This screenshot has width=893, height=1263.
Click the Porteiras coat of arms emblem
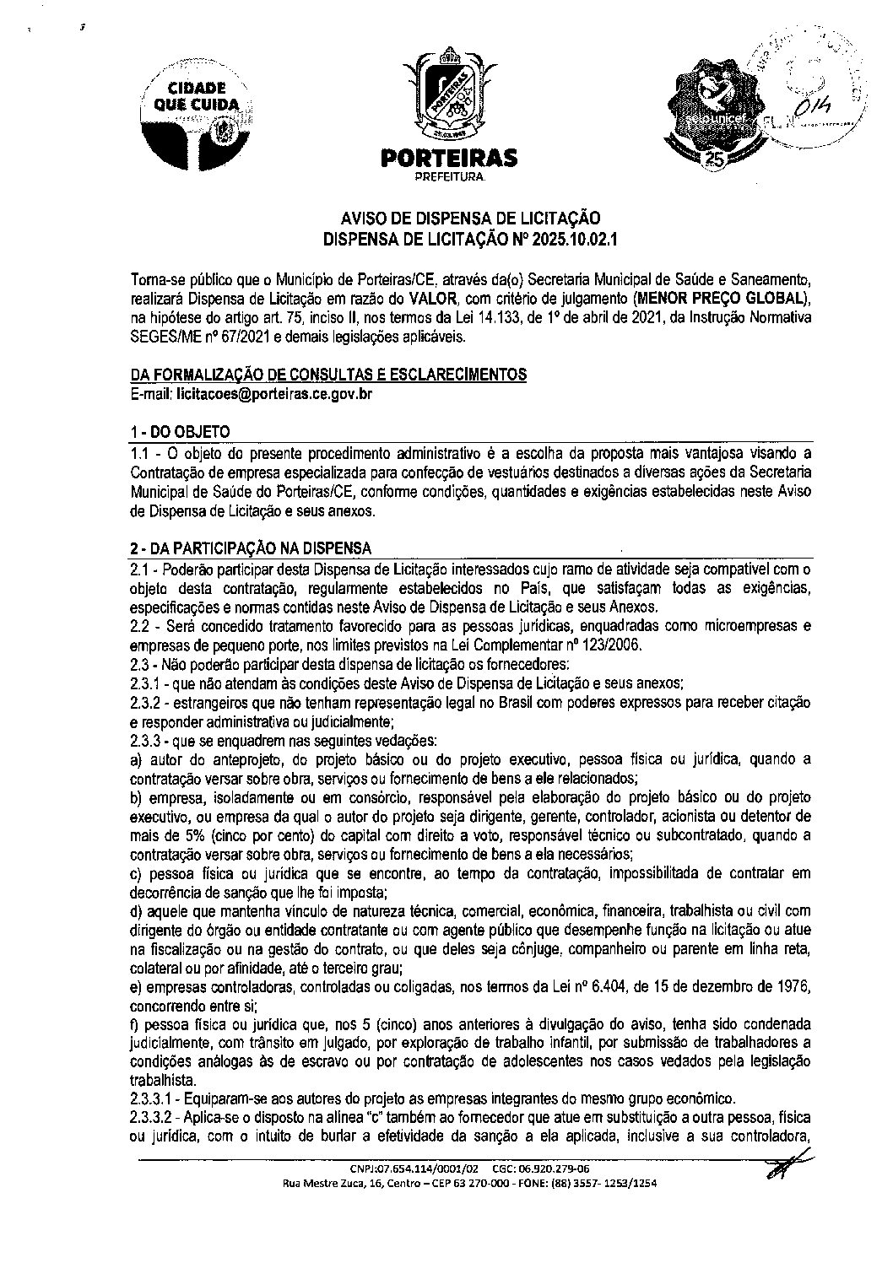pyautogui.click(x=447, y=95)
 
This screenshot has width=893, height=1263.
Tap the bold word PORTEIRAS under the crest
pyautogui.click(x=448, y=158)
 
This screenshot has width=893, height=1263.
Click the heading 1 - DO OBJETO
pyautogui.click(x=180, y=431)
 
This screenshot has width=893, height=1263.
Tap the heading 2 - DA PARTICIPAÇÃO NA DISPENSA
pyautogui.click(x=250, y=550)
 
